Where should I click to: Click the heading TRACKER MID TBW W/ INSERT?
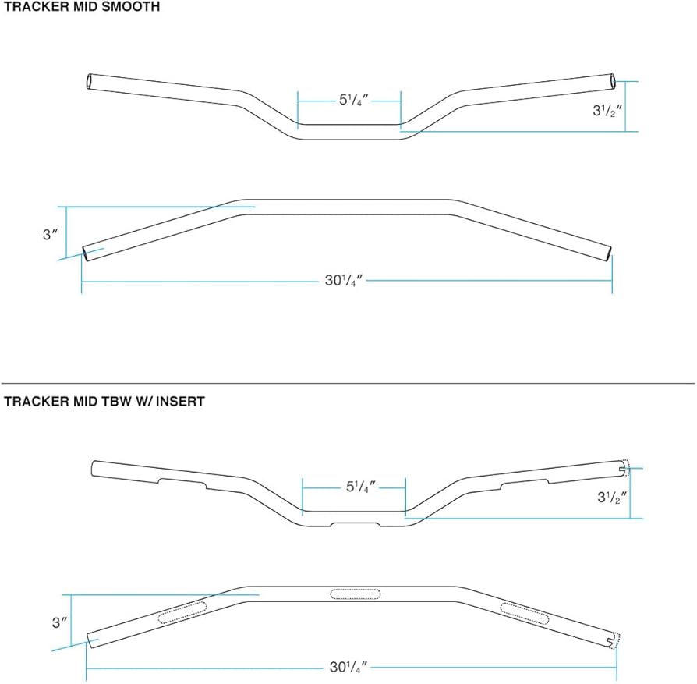coord(104,402)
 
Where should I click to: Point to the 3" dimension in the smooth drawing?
coord(51,234)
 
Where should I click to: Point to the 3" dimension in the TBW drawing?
coord(55,622)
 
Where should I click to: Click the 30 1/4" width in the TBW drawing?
coord(348,667)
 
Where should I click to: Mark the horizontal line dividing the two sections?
coord(348,383)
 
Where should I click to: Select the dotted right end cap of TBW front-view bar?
coord(624,467)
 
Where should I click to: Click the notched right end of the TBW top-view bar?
coord(613,639)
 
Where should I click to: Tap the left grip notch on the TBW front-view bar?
coord(183,483)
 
